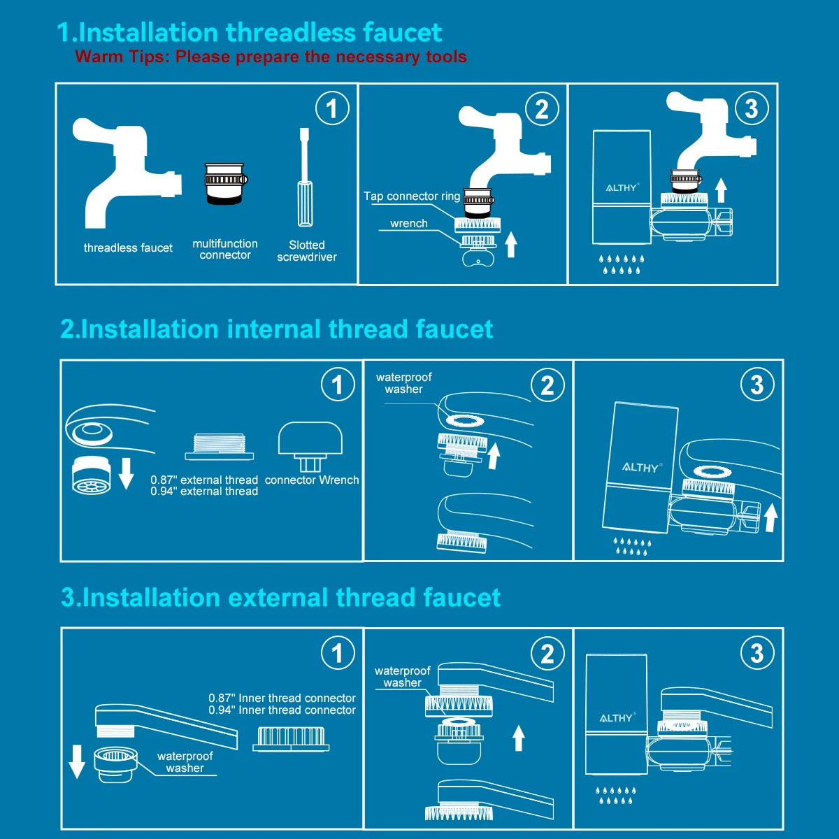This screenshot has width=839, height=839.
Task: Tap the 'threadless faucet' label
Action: pyautogui.click(x=128, y=248)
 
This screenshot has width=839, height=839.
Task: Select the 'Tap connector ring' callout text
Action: pyautogui.click(x=412, y=196)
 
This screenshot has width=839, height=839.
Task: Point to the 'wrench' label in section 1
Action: pyautogui.click(x=409, y=223)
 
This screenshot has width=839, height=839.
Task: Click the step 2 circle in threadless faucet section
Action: pyautogui.click(x=542, y=108)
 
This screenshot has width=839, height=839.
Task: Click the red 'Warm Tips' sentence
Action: pyautogui.click(x=271, y=57)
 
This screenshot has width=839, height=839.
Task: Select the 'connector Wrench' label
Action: pyautogui.click(x=312, y=480)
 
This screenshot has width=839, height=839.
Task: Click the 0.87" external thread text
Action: pyautogui.click(x=204, y=480)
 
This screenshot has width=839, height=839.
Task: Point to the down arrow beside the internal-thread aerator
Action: pyautogui.click(x=127, y=473)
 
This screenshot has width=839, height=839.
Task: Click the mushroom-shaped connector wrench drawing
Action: pyautogui.click(x=310, y=447)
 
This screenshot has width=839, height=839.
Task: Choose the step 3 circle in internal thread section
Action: pyautogui.click(x=757, y=385)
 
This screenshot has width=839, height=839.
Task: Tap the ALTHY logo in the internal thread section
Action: pyautogui.click(x=642, y=468)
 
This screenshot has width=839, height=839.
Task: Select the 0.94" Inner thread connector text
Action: pyautogui.click(x=282, y=710)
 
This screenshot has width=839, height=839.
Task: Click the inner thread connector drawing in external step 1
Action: pyautogui.click(x=291, y=739)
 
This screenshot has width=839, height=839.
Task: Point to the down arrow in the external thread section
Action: pyautogui.click(x=77, y=761)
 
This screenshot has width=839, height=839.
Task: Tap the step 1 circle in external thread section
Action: pyautogui.click(x=338, y=652)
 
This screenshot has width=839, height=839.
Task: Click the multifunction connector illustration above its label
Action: pyautogui.click(x=226, y=184)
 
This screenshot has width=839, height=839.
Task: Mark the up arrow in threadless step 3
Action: pyautogui.click(x=721, y=190)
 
